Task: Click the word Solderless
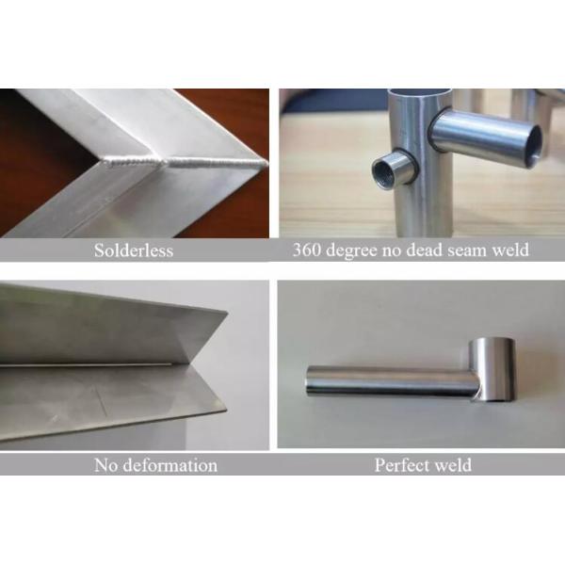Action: tap(134, 250)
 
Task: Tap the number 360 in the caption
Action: tap(306, 250)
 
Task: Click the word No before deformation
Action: tap(105, 465)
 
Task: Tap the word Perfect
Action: tap(401, 465)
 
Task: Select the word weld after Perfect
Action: tap(453, 465)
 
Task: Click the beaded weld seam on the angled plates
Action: tap(185, 162)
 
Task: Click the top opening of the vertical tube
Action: tap(420, 92)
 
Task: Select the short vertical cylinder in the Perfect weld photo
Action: tap(492, 369)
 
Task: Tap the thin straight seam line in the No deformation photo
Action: tap(86, 365)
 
